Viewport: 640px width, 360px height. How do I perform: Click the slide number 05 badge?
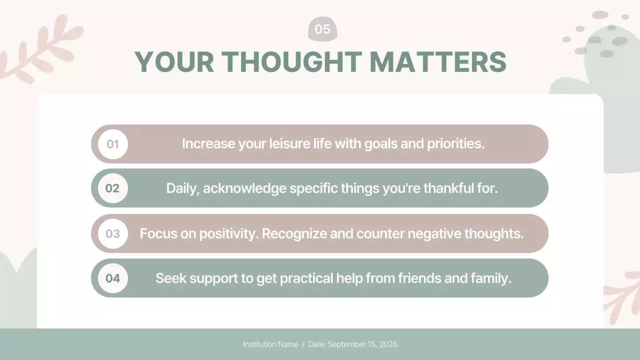(x=322, y=29)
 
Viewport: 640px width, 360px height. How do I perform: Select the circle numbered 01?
(x=113, y=144)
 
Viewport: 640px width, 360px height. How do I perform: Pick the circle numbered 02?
(x=113, y=188)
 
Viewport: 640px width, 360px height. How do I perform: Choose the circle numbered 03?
(x=113, y=233)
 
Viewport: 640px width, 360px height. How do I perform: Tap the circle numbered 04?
(x=113, y=278)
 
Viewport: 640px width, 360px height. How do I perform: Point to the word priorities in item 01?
(x=455, y=144)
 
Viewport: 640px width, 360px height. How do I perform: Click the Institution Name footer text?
(x=270, y=344)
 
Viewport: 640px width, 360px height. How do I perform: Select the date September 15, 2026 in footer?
(x=362, y=344)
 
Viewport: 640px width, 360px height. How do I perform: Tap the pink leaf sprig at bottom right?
(x=622, y=295)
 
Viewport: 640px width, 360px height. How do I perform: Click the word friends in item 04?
(x=418, y=278)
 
